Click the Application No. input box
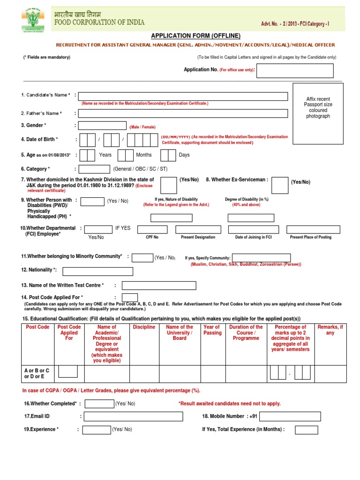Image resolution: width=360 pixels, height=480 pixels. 295,71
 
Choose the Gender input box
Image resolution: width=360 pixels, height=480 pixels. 102,126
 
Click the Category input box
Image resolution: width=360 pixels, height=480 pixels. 94,169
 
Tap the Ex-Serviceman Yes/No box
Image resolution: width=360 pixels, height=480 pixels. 280,185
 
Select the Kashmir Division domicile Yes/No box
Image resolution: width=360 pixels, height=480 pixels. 169,185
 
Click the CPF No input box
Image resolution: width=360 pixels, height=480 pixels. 152,229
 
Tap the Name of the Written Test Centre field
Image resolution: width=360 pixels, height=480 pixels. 158,285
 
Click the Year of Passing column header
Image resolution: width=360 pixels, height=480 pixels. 212,330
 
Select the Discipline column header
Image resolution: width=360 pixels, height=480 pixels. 144,327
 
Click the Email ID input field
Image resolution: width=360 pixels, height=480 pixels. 132,416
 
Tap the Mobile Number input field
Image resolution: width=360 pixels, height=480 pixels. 290,416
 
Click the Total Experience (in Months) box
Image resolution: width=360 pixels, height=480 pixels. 306,430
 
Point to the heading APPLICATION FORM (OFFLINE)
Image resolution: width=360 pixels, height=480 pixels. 195,36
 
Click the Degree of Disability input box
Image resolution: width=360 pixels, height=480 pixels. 250,218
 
